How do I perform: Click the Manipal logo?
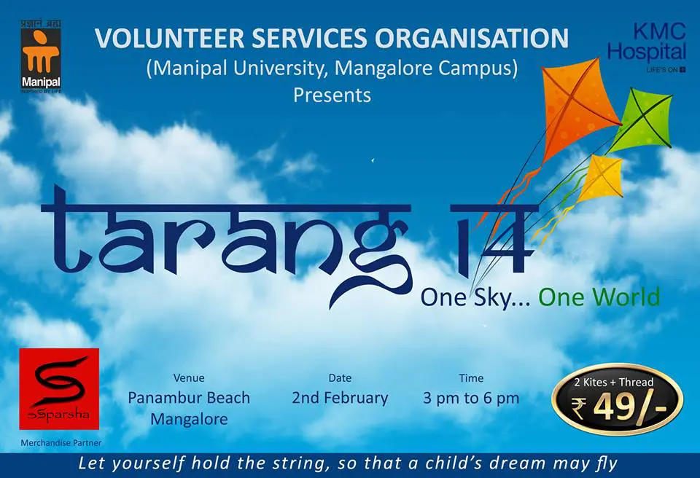(x=41, y=56)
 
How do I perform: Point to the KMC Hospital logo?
(x=647, y=47)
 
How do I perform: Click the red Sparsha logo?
(x=59, y=388)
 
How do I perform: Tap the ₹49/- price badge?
(x=618, y=399)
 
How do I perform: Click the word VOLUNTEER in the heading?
(x=169, y=38)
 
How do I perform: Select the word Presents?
(x=332, y=95)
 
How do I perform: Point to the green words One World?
(x=599, y=297)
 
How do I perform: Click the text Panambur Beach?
(x=189, y=398)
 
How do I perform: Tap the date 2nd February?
(x=341, y=398)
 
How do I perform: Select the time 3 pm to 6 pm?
(x=471, y=398)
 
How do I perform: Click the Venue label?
(x=189, y=378)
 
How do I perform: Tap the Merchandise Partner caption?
(x=61, y=443)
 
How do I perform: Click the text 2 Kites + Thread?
(x=614, y=382)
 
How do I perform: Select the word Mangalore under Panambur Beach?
(x=189, y=419)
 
